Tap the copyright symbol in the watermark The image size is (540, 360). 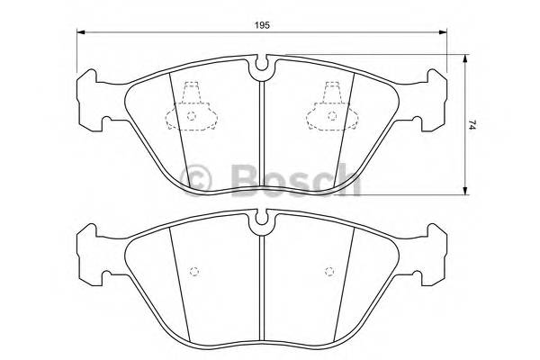[198, 176]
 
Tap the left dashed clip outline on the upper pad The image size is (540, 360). [191, 106]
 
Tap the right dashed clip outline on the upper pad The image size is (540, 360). [329, 106]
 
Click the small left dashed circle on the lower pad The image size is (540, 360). [192, 271]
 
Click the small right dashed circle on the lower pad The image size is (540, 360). [328, 271]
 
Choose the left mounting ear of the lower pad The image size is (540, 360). [91, 251]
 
